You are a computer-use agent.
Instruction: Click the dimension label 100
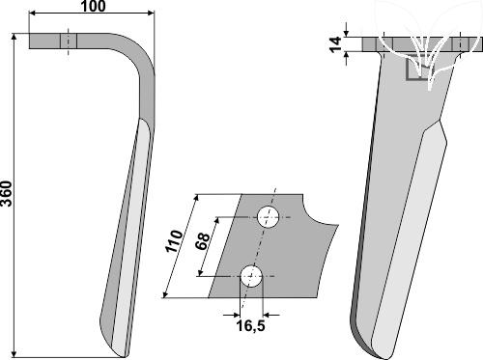pyautogui.click(x=93, y=6)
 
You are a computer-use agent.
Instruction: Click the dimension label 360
pyautogui.click(x=7, y=194)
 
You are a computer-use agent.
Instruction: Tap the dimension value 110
pyautogui.click(x=174, y=241)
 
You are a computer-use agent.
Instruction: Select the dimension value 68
pyautogui.click(x=203, y=241)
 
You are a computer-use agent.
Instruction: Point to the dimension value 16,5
pyautogui.click(x=250, y=326)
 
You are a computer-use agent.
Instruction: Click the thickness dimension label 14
pyautogui.click(x=335, y=44)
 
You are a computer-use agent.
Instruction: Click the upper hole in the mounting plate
pyautogui.click(x=268, y=217)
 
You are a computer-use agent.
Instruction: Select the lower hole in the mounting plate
pyautogui.click(x=251, y=276)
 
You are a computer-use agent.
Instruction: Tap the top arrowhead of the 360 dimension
pyautogui.click(x=14, y=37)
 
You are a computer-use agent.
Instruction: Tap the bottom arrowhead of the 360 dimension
pyautogui.click(x=14, y=353)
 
